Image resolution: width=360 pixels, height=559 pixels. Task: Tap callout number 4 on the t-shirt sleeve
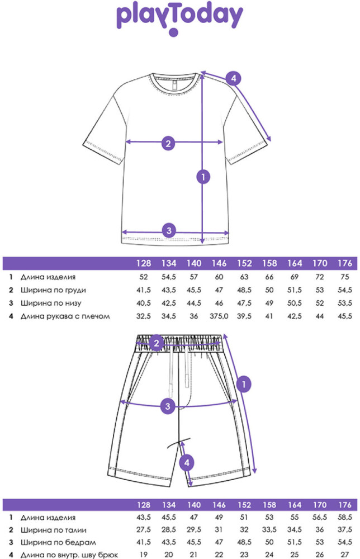pyautogui.click(x=234, y=78)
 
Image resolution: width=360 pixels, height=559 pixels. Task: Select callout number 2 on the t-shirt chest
pyautogui.click(x=168, y=143)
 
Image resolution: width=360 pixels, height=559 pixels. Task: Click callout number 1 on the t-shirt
pyautogui.click(x=203, y=177)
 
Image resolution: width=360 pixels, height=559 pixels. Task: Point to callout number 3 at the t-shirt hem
pyautogui.click(x=169, y=230)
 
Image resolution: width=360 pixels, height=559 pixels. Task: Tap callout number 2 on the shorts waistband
pyautogui.click(x=156, y=343)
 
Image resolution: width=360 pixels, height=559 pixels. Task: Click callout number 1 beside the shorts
pyautogui.click(x=244, y=384)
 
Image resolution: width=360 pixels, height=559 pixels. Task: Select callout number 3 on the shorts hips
pyautogui.click(x=168, y=406)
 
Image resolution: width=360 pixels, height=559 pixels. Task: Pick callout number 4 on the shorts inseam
pyautogui.click(x=187, y=463)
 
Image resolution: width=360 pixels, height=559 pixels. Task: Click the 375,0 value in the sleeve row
pyautogui.click(x=219, y=316)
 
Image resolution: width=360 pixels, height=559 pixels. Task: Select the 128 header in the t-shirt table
pyautogui.click(x=144, y=263)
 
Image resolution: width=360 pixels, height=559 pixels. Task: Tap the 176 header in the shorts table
pyautogui.click(x=345, y=505)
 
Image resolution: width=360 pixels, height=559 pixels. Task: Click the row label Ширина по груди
pyautogui.click(x=53, y=290)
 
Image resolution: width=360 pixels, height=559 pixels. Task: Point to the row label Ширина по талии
pyautogui.click(x=54, y=530)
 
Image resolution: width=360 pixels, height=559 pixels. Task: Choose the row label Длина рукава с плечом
pyautogui.click(x=65, y=316)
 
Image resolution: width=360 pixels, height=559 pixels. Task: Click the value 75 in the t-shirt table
pyautogui.click(x=345, y=277)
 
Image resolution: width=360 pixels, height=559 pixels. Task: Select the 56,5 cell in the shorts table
pyautogui.click(x=320, y=517)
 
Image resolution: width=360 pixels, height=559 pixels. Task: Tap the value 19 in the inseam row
pyautogui.click(x=143, y=555)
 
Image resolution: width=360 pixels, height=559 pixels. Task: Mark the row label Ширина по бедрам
pyautogui.click(x=58, y=543)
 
